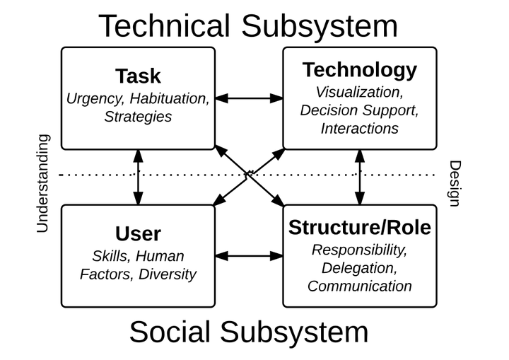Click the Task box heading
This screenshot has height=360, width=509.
[138, 76]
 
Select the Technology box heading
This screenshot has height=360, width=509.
[360, 70]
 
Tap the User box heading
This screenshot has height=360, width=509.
[138, 233]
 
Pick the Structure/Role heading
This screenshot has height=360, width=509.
[360, 227]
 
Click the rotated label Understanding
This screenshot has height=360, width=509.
[43, 183]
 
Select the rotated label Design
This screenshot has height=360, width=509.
[455, 183]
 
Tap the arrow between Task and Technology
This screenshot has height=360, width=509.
[249, 98]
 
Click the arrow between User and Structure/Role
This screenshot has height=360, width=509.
[249, 256]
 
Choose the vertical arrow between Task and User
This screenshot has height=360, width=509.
[138, 178]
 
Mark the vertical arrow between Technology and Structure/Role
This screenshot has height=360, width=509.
[360, 178]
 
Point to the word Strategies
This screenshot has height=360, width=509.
[138, 117]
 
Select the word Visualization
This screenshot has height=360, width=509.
[360, 92]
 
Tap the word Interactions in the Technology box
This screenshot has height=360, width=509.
[360, 129]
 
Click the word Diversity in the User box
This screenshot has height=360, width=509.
[168, 274]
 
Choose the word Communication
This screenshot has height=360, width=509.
[360, 286]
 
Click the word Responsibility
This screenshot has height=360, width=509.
[360, 250]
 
